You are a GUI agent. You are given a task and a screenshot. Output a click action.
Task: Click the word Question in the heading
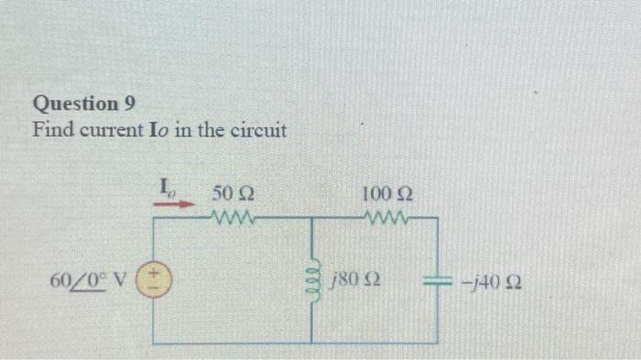76,104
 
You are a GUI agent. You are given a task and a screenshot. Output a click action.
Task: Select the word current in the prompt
109,131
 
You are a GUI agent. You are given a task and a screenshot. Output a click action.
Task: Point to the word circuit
259,130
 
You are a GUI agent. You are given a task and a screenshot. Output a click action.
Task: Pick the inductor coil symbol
313,275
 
